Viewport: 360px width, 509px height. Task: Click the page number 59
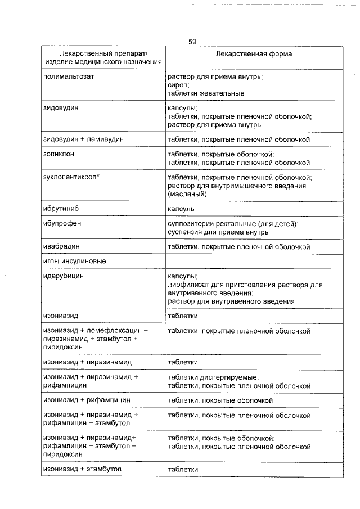pos(191,41)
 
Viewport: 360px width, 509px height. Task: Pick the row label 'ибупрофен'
pos(62,223)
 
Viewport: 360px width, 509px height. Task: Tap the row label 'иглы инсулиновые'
pos(75,262)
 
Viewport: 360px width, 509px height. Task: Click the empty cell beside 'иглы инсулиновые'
pos(253,262)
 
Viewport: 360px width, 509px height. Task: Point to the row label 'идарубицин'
pos(64,276)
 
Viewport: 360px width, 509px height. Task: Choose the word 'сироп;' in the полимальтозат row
pos(179,84)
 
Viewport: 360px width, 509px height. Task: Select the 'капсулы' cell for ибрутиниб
pos(182,209)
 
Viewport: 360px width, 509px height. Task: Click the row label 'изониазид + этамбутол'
pos(83,469)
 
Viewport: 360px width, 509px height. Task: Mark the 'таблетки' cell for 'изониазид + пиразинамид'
pos(183,362)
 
